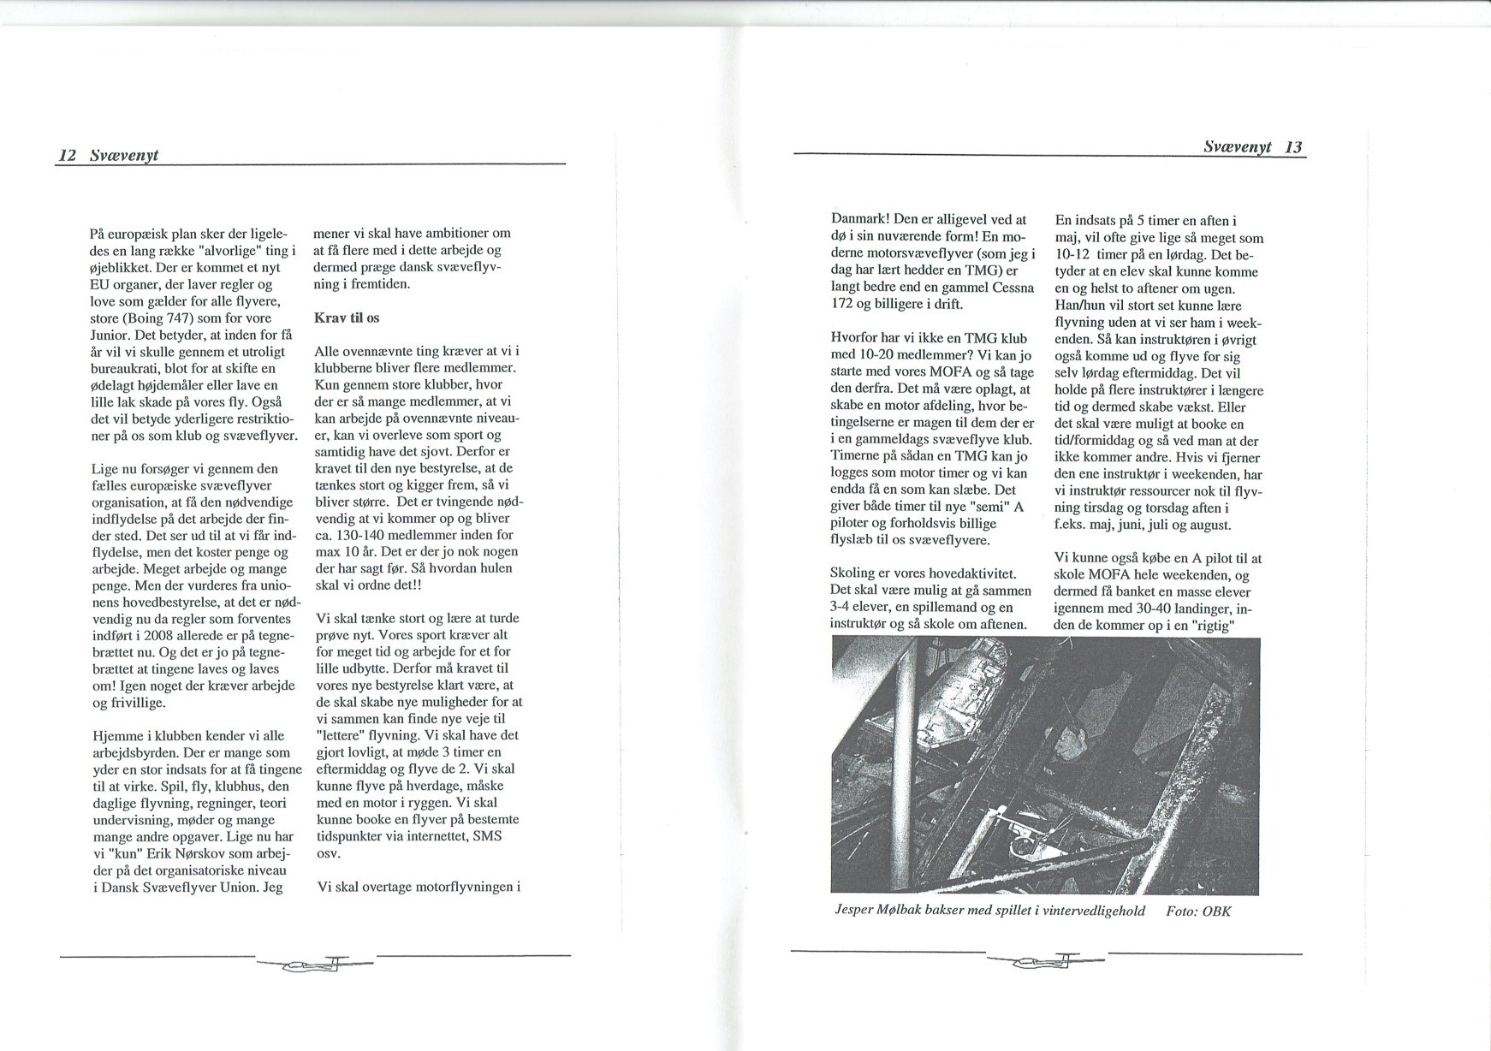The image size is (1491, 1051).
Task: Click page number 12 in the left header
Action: click(68, 156)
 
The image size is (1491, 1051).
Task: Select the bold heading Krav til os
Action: click(347, 318)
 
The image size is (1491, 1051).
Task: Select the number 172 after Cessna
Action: click(845, 304)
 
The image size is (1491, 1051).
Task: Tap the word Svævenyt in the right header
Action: click(1238, 147)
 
